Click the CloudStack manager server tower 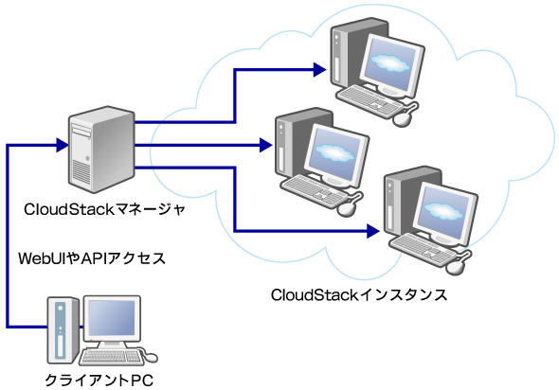click(98, 147)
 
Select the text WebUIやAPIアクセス click(92, 257)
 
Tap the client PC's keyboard click(112, 357)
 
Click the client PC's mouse click(150, 357)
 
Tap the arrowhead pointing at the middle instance click(264, 147)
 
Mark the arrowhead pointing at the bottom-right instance click(373, 229)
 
